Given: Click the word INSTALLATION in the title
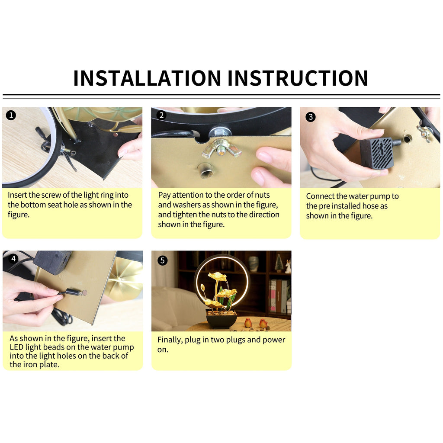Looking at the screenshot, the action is pyautogui.click(x=147, y=78).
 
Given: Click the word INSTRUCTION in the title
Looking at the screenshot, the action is pyautogui.click(x=298, y=78).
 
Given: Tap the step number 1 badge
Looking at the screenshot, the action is pyautogui.click(x=11, y=115).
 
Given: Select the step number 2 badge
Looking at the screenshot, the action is pyautogui.click(x=162, y=115).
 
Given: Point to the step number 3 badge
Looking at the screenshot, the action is pyautogui.click(x=311, y=117).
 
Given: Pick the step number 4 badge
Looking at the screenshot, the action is pyautogui.click(x=13, y=259).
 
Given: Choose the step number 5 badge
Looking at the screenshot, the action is pyautogui.click(x=163, y=260).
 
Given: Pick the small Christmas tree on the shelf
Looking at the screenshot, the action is pyautogui.click(x=279, y=263).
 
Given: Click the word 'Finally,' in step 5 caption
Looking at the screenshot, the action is pyautogui.click(x=170, y=340).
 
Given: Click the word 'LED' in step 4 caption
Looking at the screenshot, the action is pyautogui.click(x=16, y=347).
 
